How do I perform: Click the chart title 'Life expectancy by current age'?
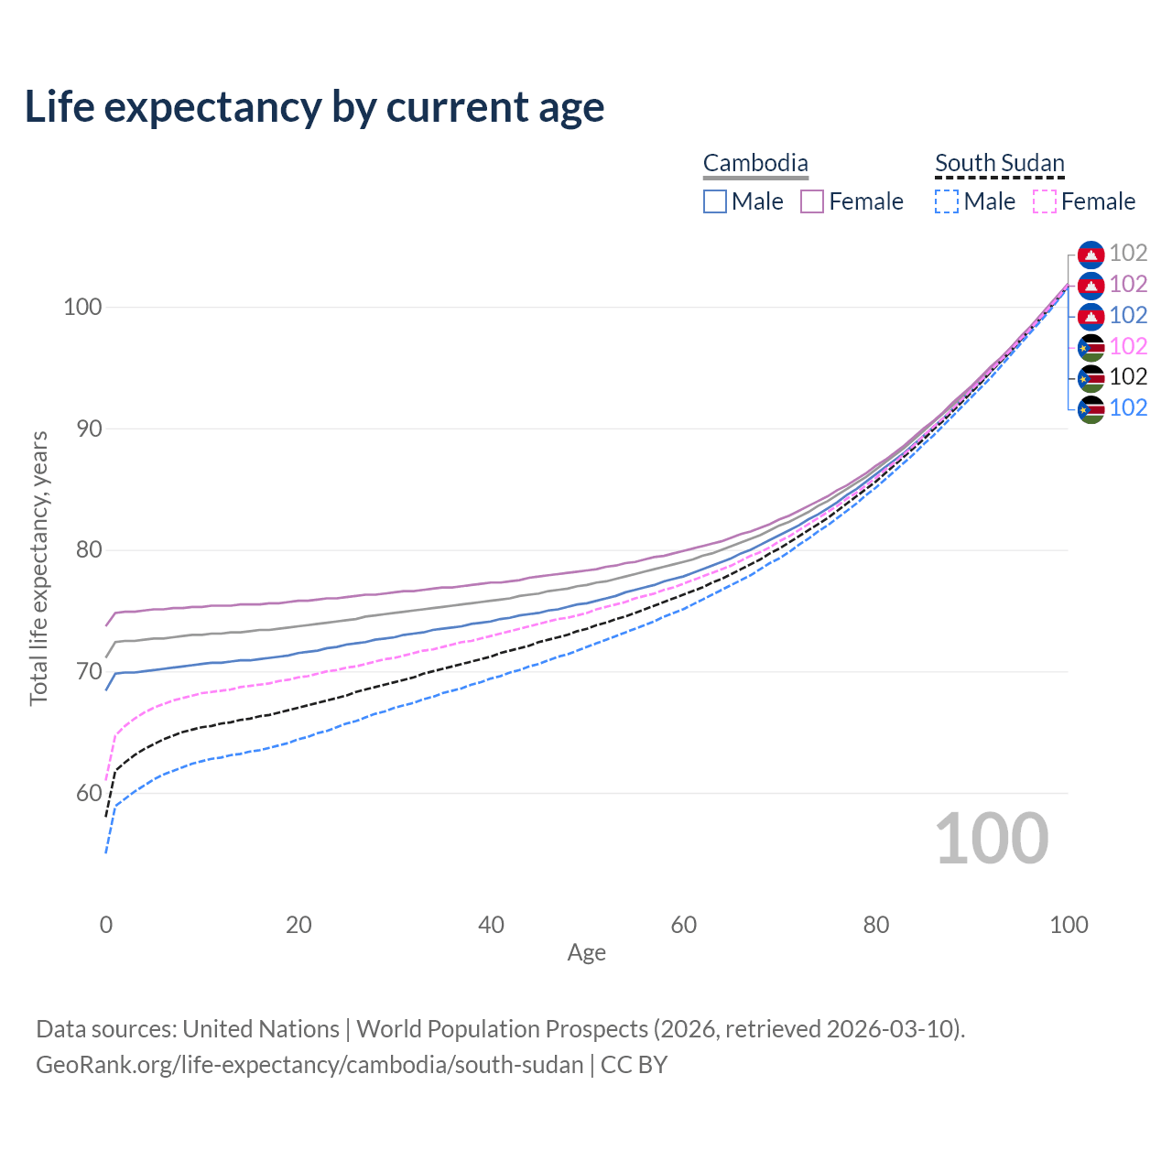click(314, 107)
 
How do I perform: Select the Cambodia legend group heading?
click(755, 164)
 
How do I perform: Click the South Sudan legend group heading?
click(999, 164)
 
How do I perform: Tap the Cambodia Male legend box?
click(715, 201)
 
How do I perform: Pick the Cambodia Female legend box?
click(812, 201)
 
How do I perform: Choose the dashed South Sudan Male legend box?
click(947, 201)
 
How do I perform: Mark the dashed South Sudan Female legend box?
click(1045, 201)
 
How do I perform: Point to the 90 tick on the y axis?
click(82, 429)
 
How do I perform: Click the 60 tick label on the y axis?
click(82, 793)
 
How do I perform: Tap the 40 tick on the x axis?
click(491, 925)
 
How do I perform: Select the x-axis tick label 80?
click(876, 925)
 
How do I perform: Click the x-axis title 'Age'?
click(586, 953)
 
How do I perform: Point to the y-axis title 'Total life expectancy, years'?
click(38, 569)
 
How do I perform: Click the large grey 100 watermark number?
click(992, 839)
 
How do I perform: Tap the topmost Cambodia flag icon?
click(1091, 254)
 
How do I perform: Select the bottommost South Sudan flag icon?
click(1091, 408)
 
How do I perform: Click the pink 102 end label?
click(1128, 346)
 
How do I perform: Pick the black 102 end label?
click(1128, 377)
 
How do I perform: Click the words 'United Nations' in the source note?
click(261, 1029)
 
